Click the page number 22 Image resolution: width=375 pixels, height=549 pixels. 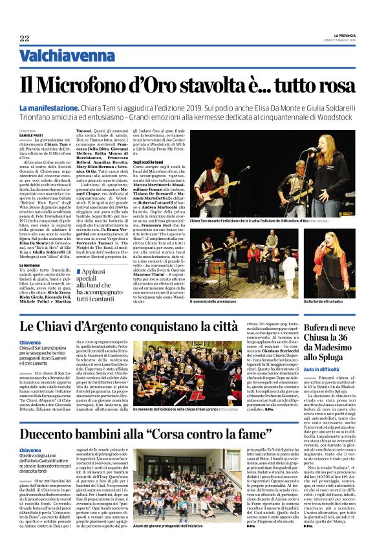point(24,38)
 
